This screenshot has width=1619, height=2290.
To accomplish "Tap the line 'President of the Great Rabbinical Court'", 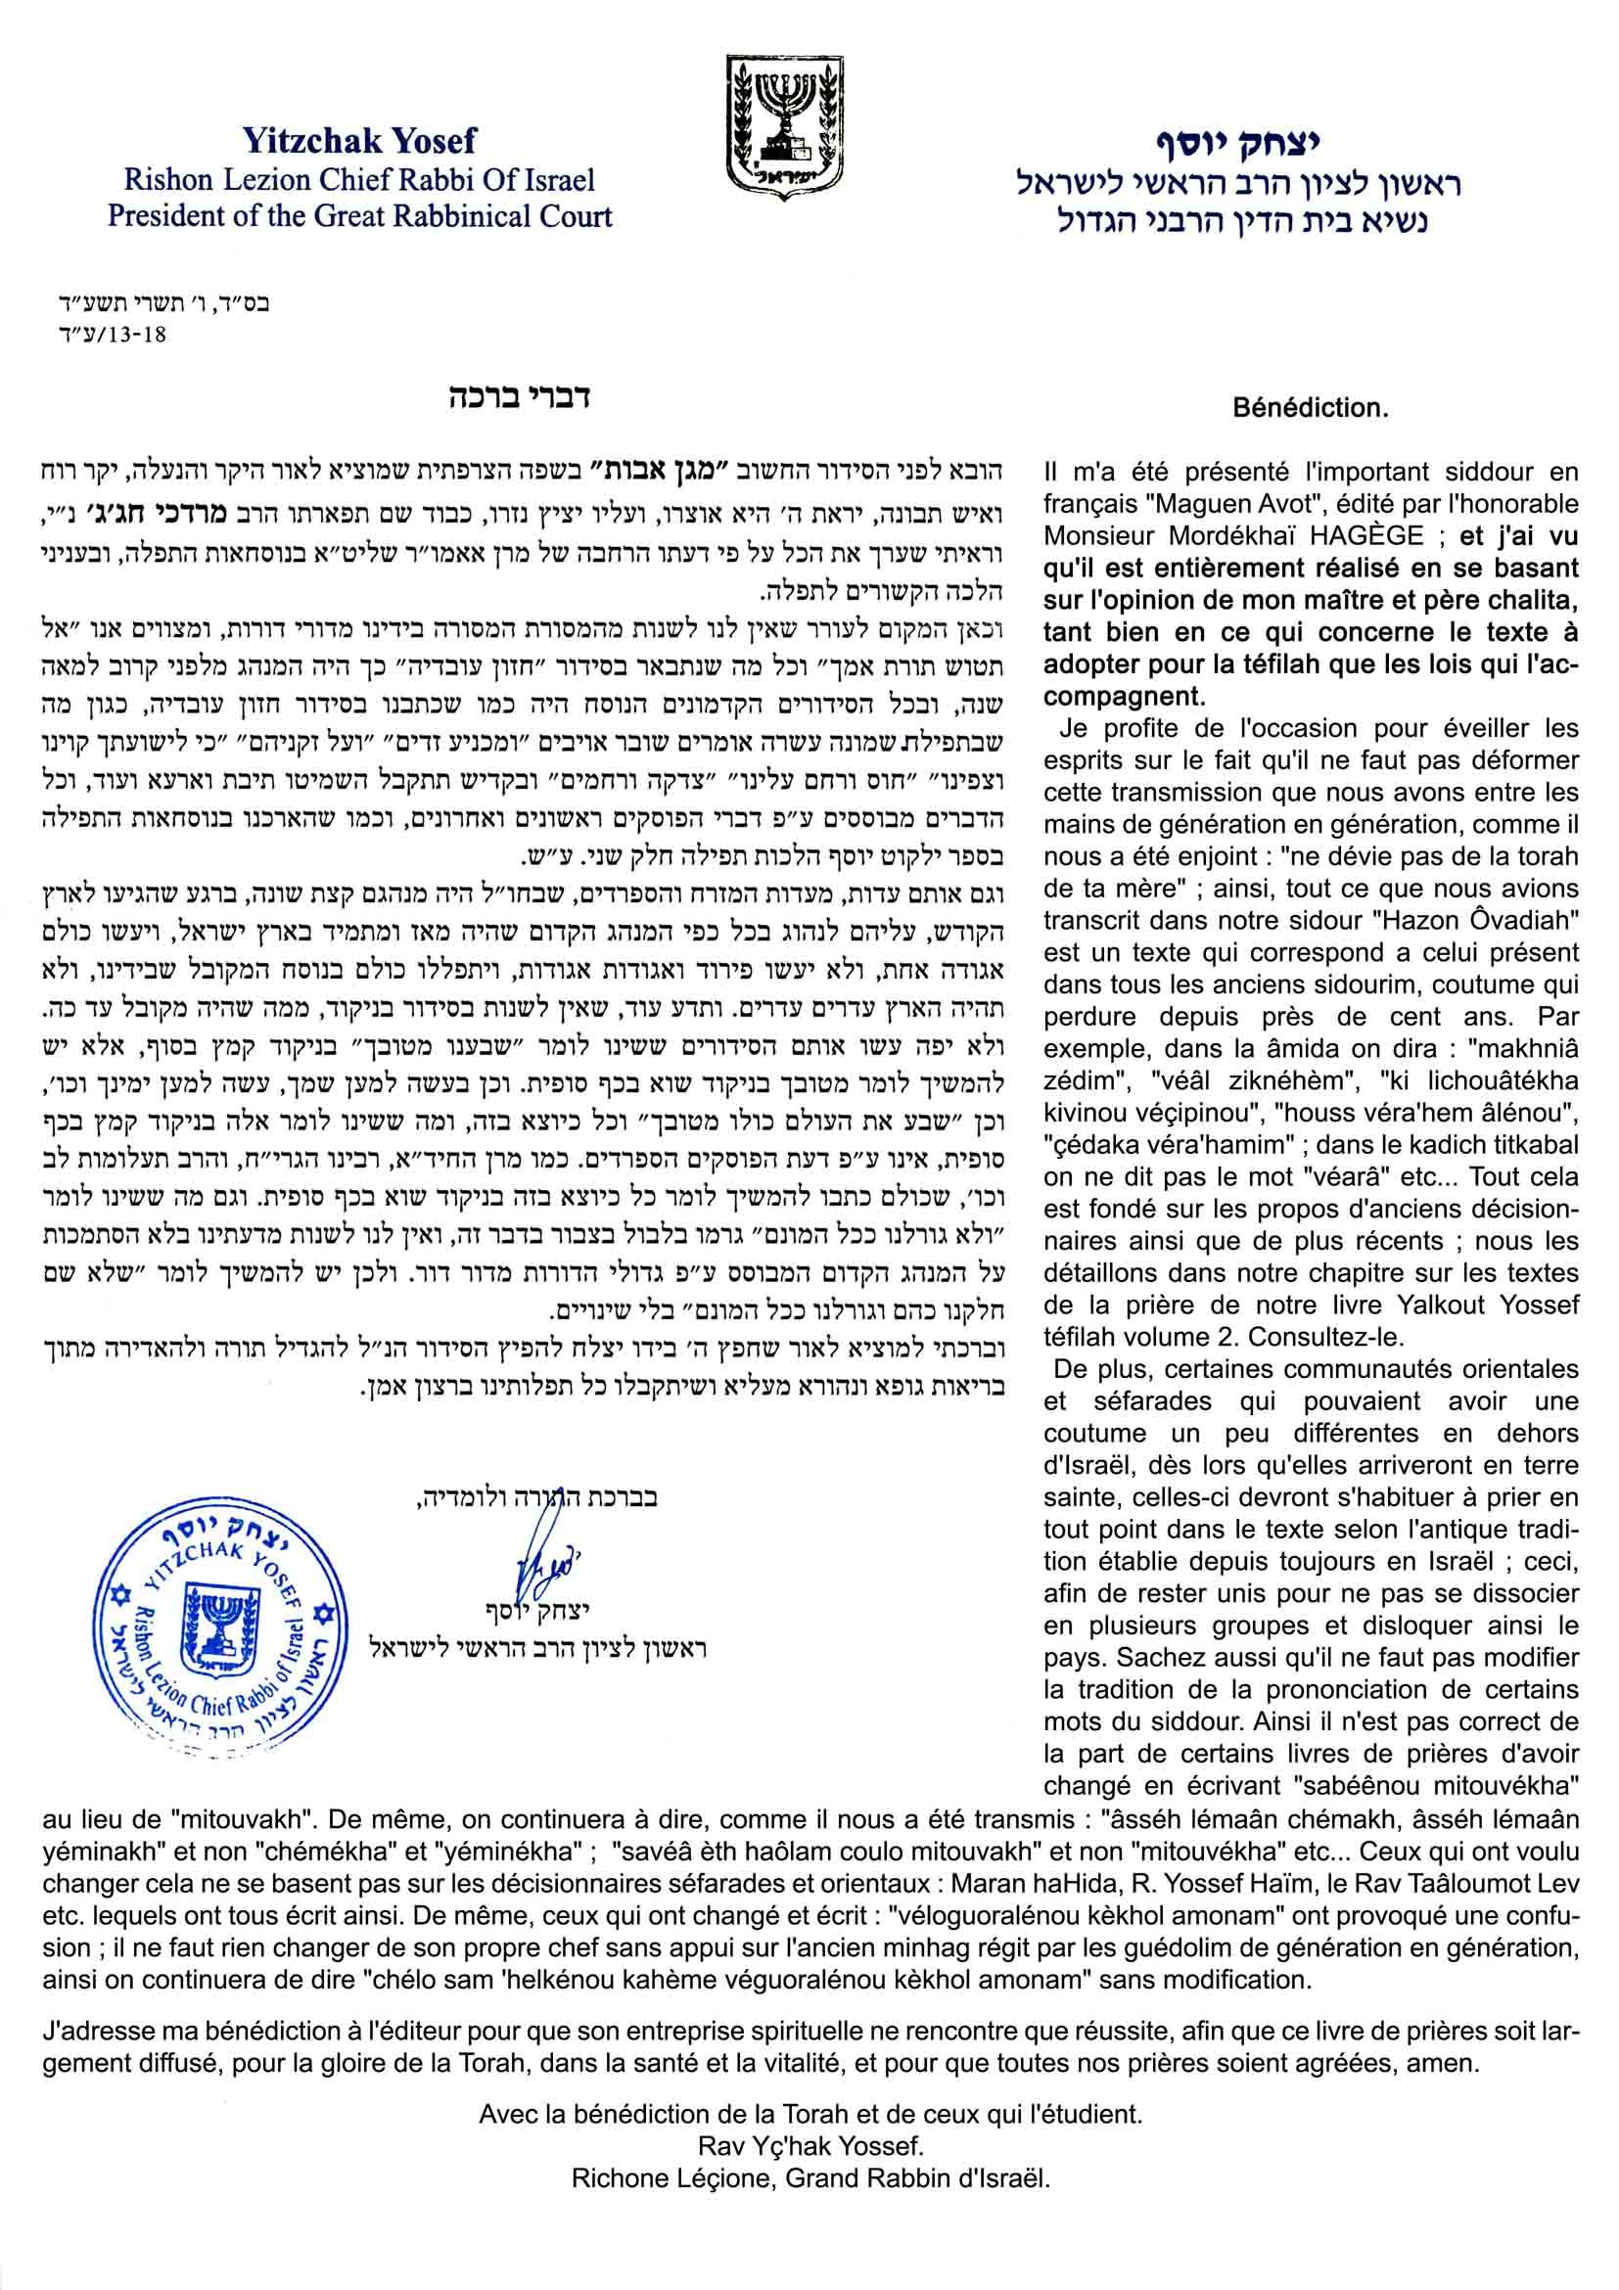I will click(360, 216).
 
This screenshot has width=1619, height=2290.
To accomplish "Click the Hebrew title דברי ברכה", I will click(519, 397).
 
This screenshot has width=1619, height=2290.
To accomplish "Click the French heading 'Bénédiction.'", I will click(1310, 408).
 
